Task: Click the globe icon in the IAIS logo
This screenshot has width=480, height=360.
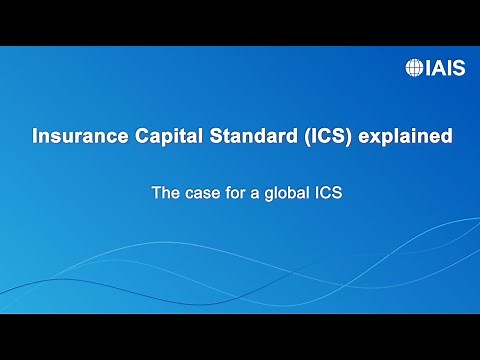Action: coord(413,68)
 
